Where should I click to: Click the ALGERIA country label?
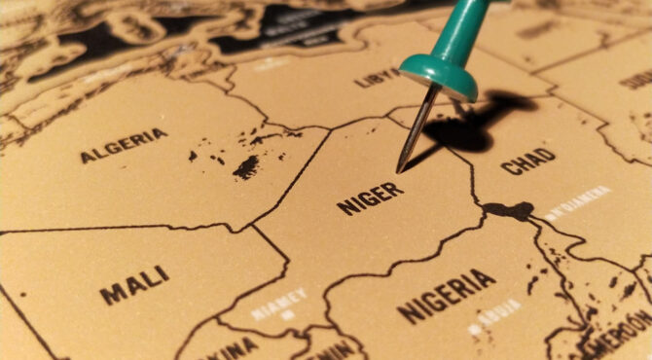click(124, 146)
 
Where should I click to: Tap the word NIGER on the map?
click(370, 198)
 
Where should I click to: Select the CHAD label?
click(528, 161)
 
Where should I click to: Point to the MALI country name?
click(134, 284)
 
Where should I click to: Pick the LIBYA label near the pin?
click(379, 76)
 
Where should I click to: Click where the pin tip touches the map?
click(399, 171)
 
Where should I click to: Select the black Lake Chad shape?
click(510, 210)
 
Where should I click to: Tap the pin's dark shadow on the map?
click(467, 126)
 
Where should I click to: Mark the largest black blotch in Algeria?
click(247, 166)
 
